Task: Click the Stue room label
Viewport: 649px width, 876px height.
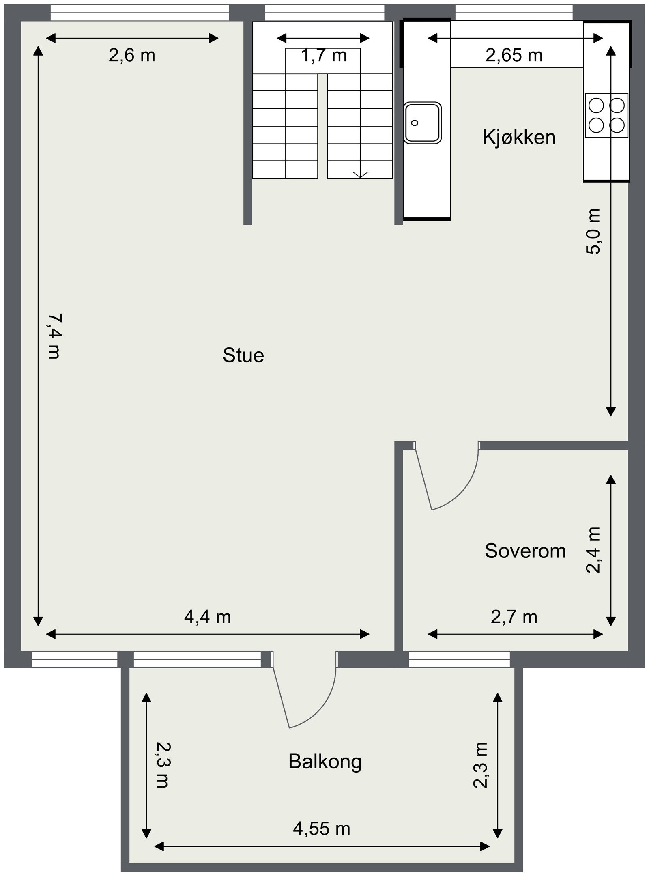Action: click(x=243, y=355)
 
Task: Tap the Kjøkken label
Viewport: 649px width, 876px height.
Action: click(x=518, y=138)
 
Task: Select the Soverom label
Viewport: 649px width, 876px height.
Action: click(x=525, y=551)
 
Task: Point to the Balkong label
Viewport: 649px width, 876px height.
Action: click(x=324, y=762)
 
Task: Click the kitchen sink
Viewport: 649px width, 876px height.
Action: click(x=422, y=123)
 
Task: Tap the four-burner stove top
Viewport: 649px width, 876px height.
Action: click(x=606, y=115)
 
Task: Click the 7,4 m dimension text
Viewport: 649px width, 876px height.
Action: click(x=54, y=336)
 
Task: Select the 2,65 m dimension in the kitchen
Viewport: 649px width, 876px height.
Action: click(x=514, y=56)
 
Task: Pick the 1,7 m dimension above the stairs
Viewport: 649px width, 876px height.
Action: click(x=324, y=56)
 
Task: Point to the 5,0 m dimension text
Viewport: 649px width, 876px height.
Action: click(x=593, y=231)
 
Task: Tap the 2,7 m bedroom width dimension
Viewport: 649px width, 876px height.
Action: click(x=514, y=617)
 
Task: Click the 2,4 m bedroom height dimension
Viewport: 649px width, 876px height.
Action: click(x=593, y=550)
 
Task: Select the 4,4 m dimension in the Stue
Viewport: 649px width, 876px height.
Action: click(x=207, y=617)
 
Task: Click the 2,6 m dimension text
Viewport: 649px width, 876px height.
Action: click(x=132, y=56)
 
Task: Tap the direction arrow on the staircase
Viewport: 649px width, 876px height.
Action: click(x=360, y=174)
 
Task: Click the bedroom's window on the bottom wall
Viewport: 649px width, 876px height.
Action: click(x=459, y=659)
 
